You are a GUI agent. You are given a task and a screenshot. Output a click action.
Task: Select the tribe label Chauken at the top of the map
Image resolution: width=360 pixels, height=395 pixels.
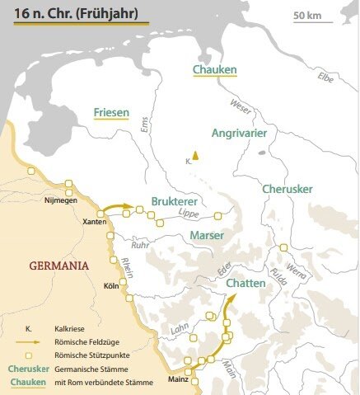[x=214, y=69]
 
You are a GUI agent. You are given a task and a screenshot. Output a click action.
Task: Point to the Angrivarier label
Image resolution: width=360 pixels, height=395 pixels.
[x=222, y=131]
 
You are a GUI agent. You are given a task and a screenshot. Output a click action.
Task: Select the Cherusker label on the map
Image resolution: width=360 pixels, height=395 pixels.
[x=287, y=189]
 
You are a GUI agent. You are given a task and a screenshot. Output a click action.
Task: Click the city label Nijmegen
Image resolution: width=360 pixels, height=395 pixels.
[x=61, y=199]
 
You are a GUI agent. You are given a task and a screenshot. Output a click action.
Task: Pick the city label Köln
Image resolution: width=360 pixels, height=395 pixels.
[x=111, y=286]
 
